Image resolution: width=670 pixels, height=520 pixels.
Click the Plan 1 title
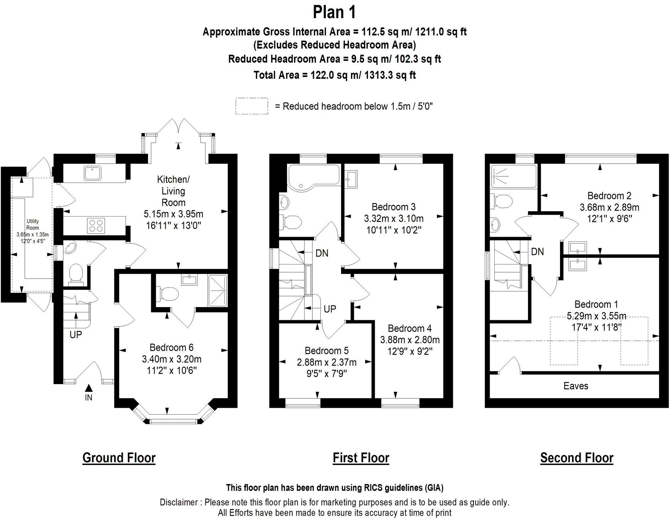pyautogui.click(x=334, y=12)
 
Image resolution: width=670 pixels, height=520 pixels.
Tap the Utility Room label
pyautogui.click(x=33, y=224)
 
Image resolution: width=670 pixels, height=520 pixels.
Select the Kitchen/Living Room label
pyautogui.click(x=174, y=191)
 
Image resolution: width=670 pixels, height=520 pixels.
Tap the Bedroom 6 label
pyautogui.click(x=172, y=347)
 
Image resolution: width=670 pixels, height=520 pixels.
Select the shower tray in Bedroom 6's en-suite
pyautogui.click(x=218, y=290)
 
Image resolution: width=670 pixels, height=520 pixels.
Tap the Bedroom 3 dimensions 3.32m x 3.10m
pyautogui.click(x=394, y=218)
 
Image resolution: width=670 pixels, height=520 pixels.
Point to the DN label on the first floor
pyautogui.click(x=322, y=253)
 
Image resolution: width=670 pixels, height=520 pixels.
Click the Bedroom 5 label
pyautogui.click(x=326, y=351)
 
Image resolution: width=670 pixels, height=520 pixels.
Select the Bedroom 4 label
pyautogui.click(x=410, y=328)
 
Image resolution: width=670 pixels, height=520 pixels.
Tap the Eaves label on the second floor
pyautogui.click(x=576, y=386)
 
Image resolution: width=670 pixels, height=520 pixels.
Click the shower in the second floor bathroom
pyautogui.click(x=514, y=176)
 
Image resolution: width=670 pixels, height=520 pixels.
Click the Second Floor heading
pyautogui.click(x=577, y=458)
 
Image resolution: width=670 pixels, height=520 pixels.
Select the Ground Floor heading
pyautogui.click(x=119, y=458)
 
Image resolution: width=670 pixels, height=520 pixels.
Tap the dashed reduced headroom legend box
pyautogui.click(x=252, y=106)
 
